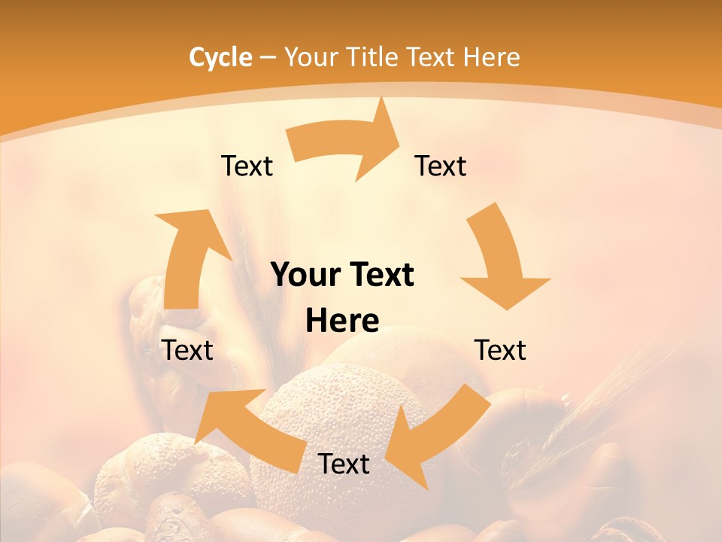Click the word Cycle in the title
pos(220,57)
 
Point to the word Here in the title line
pos(493,57)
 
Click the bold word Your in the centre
pos(305,276)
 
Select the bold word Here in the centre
pos(342,321)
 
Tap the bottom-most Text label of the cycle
pos(344,464)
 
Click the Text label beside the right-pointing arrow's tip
pos(441,166)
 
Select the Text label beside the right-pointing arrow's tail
pos(247,166)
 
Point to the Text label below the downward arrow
pos(500,350)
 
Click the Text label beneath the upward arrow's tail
pos(187,350)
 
